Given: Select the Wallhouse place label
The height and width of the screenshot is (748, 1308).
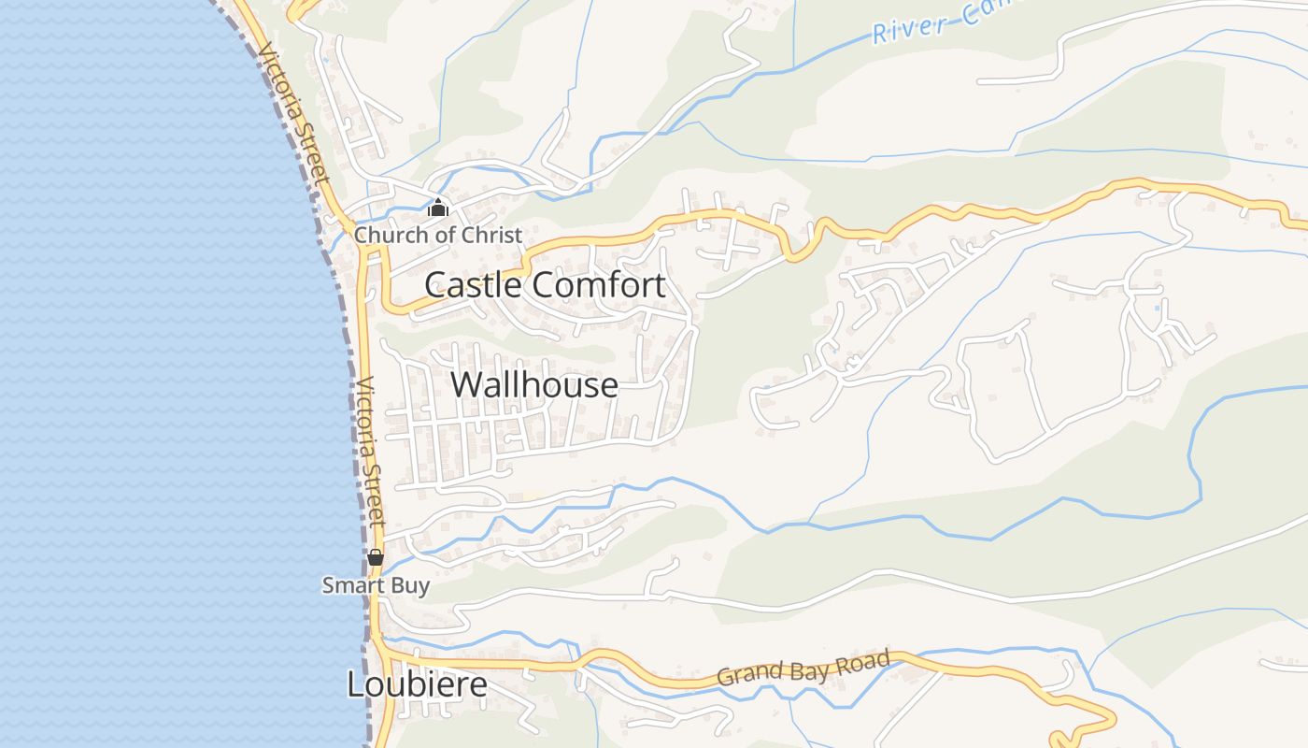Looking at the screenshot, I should click(534, 384).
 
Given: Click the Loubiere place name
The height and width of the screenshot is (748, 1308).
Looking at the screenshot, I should click(417, 684).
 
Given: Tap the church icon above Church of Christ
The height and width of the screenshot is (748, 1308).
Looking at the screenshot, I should click(438, 209).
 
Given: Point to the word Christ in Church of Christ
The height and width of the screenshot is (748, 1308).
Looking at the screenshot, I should click(491, 235).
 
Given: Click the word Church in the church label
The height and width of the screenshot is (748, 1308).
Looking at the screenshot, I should click(385, 235).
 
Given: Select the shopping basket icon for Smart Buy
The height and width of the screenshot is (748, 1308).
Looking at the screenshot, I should click(376, 558).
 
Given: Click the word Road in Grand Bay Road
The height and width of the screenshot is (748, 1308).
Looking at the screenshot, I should click(861, 661).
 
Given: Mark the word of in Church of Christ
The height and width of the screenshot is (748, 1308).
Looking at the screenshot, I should click(442, 235).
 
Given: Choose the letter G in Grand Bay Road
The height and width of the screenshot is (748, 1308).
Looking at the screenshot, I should click(724, 676).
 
